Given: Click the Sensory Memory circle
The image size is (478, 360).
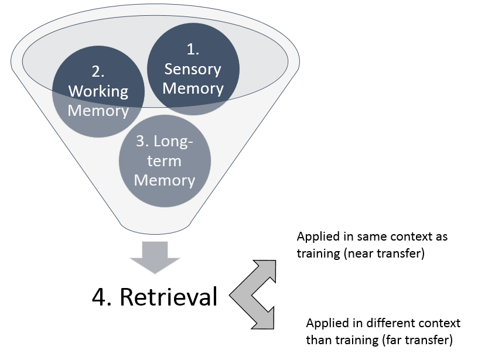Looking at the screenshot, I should tap(193, 69).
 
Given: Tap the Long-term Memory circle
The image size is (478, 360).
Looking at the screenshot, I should tap(165, 162).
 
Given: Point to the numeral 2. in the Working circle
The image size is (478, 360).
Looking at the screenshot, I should tap(98, 72).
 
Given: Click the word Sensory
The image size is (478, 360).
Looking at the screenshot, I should tap(193, 69).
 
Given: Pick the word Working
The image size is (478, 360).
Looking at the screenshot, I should tap(98, 91).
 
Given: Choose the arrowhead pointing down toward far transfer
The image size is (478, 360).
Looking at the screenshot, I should tap(267, 320).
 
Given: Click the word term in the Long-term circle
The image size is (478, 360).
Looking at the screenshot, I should tap(165, 161).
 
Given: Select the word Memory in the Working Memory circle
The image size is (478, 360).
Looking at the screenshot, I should tap(98, 110).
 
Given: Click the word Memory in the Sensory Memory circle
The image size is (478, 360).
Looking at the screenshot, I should tap(193, 88).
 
